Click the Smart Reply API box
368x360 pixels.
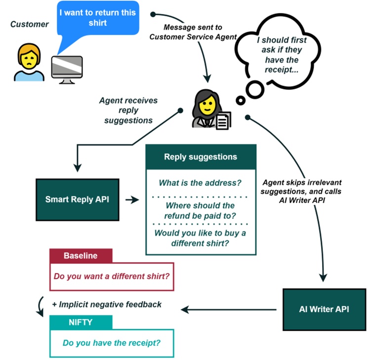coord(78,200)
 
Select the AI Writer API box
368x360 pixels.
coord(324,309)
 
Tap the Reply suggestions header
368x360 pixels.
coord(200,157)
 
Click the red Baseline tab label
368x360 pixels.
coord(81,256)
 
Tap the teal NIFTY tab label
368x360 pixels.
coord(81,323)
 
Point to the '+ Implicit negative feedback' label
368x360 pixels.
coord(106,305)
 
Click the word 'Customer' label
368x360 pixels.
coord(30,24)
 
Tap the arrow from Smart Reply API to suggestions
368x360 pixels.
coord(131,200)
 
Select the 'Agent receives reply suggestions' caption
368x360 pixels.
coord(128,110)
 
